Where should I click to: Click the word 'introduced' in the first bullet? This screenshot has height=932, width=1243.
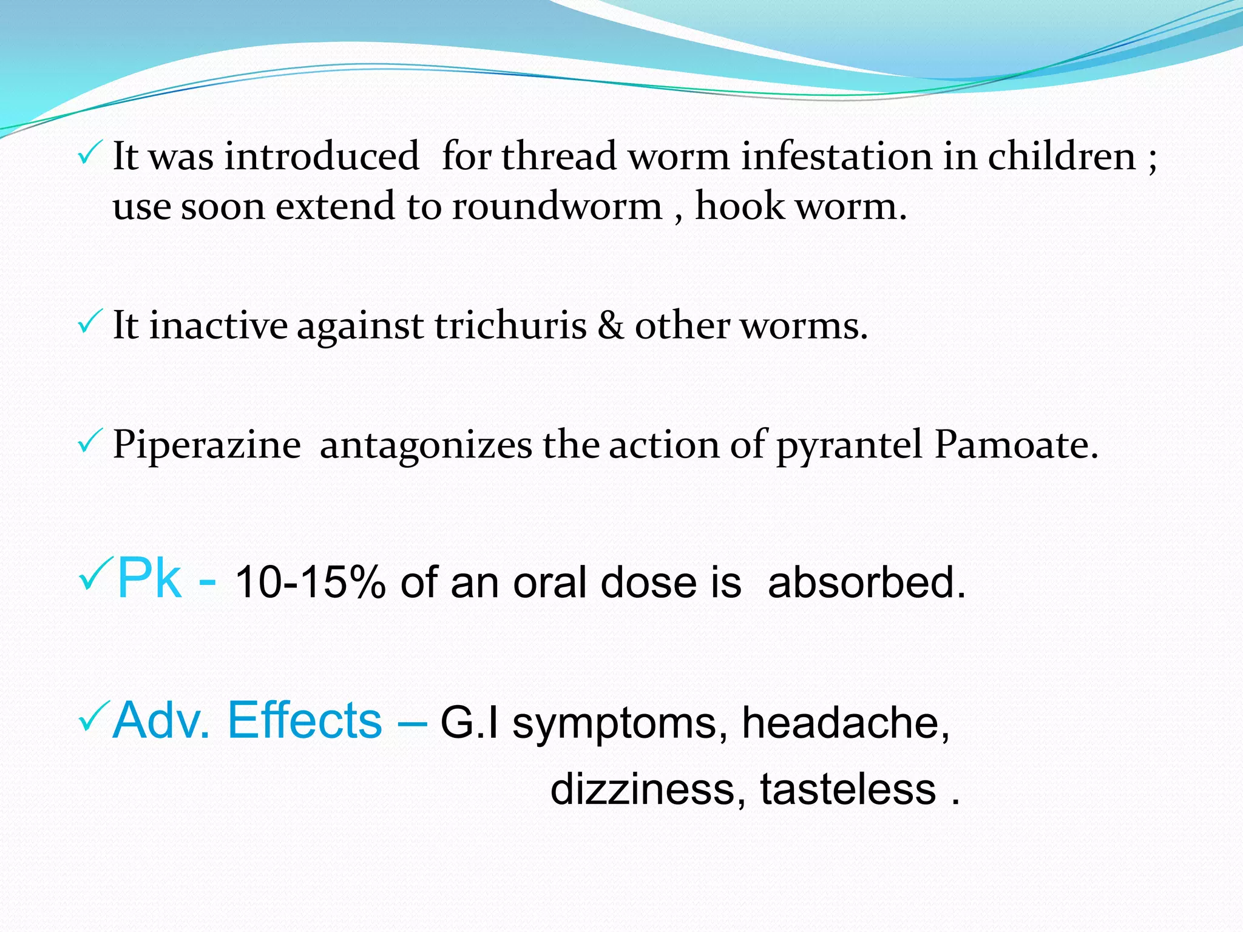(322, 157)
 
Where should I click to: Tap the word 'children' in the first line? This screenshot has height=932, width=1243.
(1062, 157)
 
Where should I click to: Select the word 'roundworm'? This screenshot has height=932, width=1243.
(557, 206)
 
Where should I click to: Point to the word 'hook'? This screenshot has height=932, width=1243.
(740, 206)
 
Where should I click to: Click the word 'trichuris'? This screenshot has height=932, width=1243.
(510, 326)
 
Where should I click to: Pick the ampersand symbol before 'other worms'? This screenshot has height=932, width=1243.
(610, 326)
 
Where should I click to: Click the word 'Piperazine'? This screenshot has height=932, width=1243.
(207, 445)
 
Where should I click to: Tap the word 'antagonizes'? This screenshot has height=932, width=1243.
(425, 445)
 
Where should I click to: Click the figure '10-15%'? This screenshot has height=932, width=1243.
(310, 582)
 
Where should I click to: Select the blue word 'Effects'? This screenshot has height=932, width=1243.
(305, 720)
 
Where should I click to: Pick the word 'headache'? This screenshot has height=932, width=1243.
(845, 723)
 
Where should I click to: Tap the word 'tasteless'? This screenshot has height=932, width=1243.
(848, 789)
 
